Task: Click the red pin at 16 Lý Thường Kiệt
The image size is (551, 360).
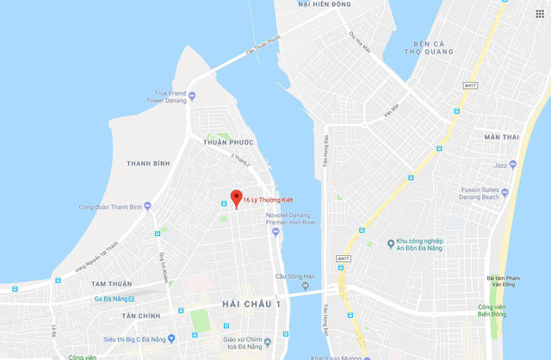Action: pyautogui.click(x=237, y=197)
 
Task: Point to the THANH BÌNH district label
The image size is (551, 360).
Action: pyautogui.click(x=148, y=163)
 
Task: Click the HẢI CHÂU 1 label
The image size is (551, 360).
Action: pyautogui.click(x=251, y=304)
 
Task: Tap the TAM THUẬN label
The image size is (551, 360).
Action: pyautogui.click(x=111, y=284)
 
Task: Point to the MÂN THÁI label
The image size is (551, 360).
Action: pyautogui.click(x=502, y=137)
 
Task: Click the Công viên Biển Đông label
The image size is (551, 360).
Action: pyautogui.click(x=492, y=311)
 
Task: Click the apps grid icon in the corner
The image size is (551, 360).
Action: pyautogui.click(x=540, y=14)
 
